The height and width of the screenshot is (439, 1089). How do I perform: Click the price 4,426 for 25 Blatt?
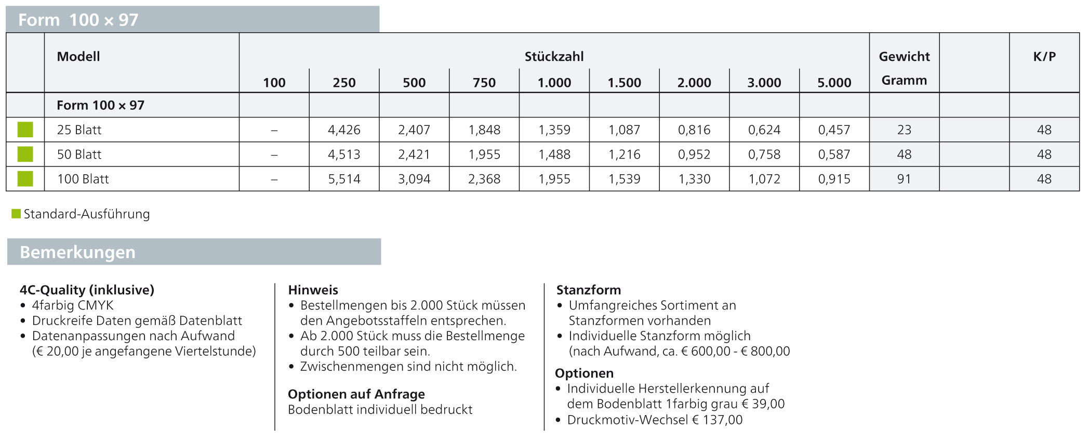point(344,130)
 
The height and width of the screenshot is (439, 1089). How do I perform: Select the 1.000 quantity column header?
point(554,83)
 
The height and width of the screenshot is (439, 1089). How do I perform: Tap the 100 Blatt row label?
point(83,179)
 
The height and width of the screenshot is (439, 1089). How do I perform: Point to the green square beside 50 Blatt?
point(25,154)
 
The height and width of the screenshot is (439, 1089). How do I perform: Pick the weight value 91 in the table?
point(904,179)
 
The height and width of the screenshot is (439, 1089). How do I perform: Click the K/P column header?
point(1044,57)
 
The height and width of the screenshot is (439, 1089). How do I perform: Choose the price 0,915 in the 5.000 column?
point(834,179)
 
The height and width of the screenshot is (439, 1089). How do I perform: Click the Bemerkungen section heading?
point(77,252)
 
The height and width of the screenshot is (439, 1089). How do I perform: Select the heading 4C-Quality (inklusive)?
point(87,290)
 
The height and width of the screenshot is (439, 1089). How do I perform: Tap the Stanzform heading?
point(588,290)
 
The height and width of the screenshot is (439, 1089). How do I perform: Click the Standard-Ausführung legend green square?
point(16,214)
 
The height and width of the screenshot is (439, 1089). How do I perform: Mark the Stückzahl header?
point(554,57)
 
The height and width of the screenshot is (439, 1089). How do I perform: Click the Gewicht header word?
point(904,57)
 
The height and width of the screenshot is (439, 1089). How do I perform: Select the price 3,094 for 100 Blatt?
point(414,179)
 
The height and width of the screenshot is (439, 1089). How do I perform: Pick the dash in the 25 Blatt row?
point(274,130)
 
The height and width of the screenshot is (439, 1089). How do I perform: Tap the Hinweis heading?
point(313,290)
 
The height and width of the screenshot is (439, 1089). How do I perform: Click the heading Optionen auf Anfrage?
point(356,394)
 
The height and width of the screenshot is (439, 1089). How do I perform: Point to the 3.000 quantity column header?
point(764,83)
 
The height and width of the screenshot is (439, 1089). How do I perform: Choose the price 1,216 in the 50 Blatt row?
point(625,154)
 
